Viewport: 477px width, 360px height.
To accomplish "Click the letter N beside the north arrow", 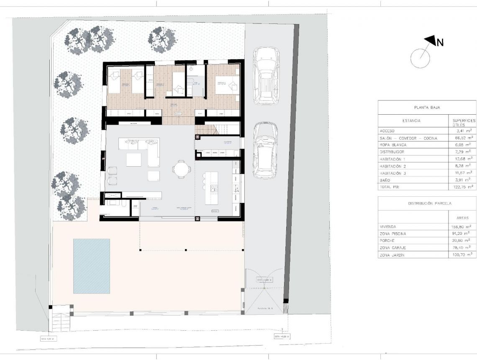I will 440,42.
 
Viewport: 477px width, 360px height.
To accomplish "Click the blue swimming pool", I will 92,266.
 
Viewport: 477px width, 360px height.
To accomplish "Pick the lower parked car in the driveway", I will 264,150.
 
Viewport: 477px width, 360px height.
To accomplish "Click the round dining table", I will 181,170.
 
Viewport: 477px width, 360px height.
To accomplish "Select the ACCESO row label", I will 387,130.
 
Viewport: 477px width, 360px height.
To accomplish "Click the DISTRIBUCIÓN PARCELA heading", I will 427,203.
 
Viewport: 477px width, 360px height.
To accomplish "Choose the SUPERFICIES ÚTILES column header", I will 463,123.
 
